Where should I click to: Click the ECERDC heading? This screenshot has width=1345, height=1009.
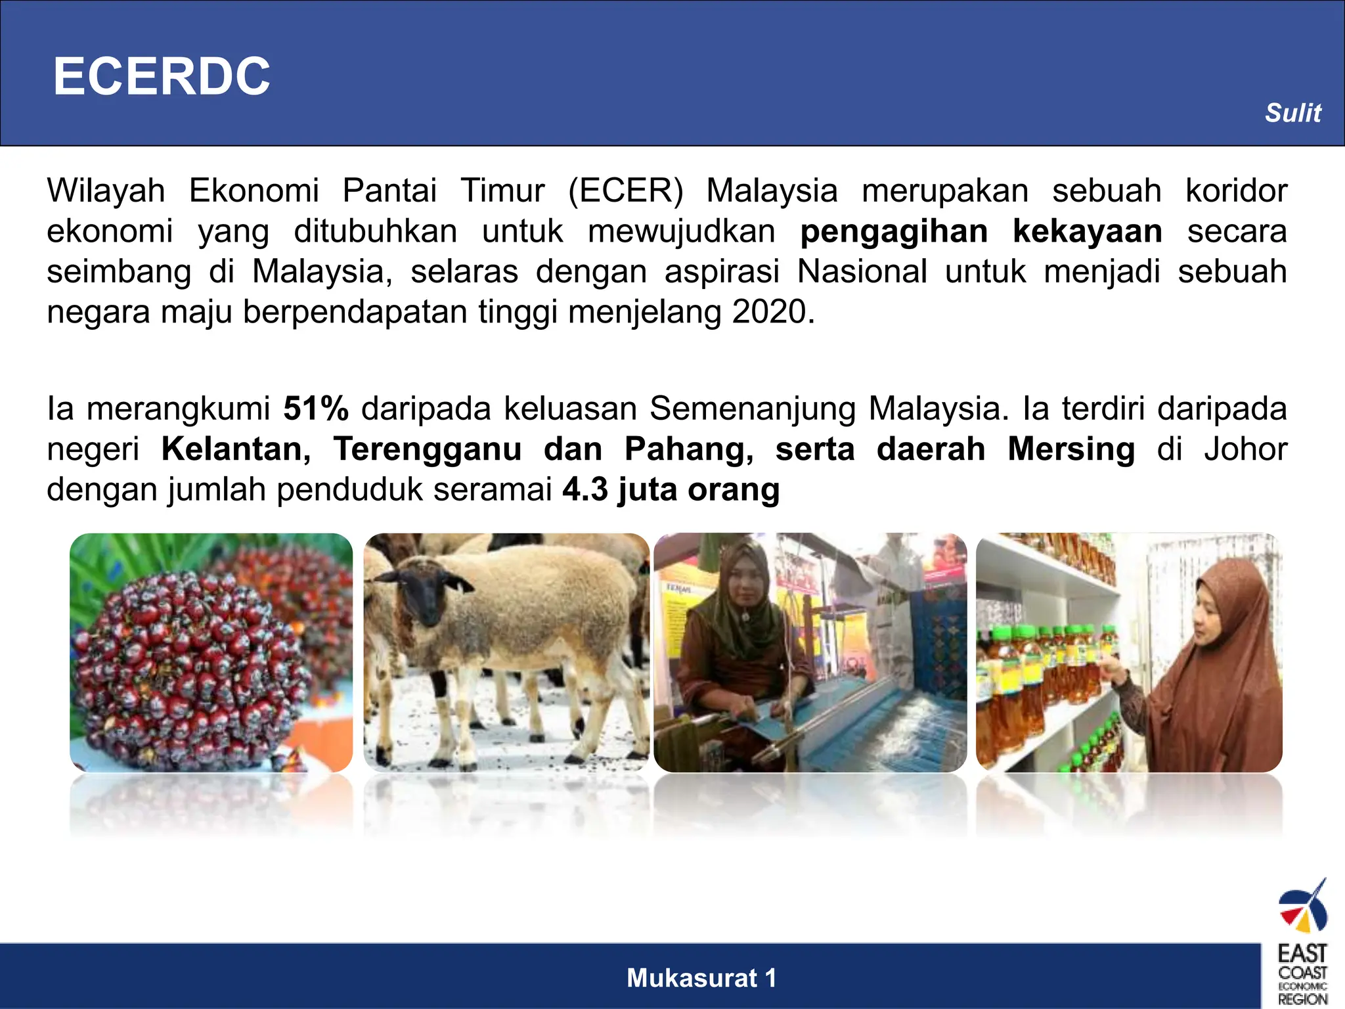(x=162, y=76)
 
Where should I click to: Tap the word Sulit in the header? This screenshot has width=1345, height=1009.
(x=1292, y=113)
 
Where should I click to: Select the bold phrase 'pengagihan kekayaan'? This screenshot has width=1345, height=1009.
(x=981, y=231)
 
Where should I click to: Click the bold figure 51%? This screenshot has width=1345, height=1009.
(x=316, y=409)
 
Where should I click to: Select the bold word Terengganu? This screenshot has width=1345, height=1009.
(x=428, y=449)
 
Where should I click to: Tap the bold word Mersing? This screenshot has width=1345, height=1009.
(x=1071, y=449)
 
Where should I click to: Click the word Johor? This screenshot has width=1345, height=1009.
(x=1245, y=449)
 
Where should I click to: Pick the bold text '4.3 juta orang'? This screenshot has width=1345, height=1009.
(x=671, y=490)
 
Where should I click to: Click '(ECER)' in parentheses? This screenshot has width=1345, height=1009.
(x=626, y=191)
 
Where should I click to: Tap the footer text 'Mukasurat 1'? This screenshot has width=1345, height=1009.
(x=701, y=978)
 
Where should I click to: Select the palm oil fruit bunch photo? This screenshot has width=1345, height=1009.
(x=211, y=652)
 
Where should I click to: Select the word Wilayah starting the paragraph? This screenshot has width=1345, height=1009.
(x=106, y=191)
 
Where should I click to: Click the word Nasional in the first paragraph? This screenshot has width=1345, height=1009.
(x=862, y=272)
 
